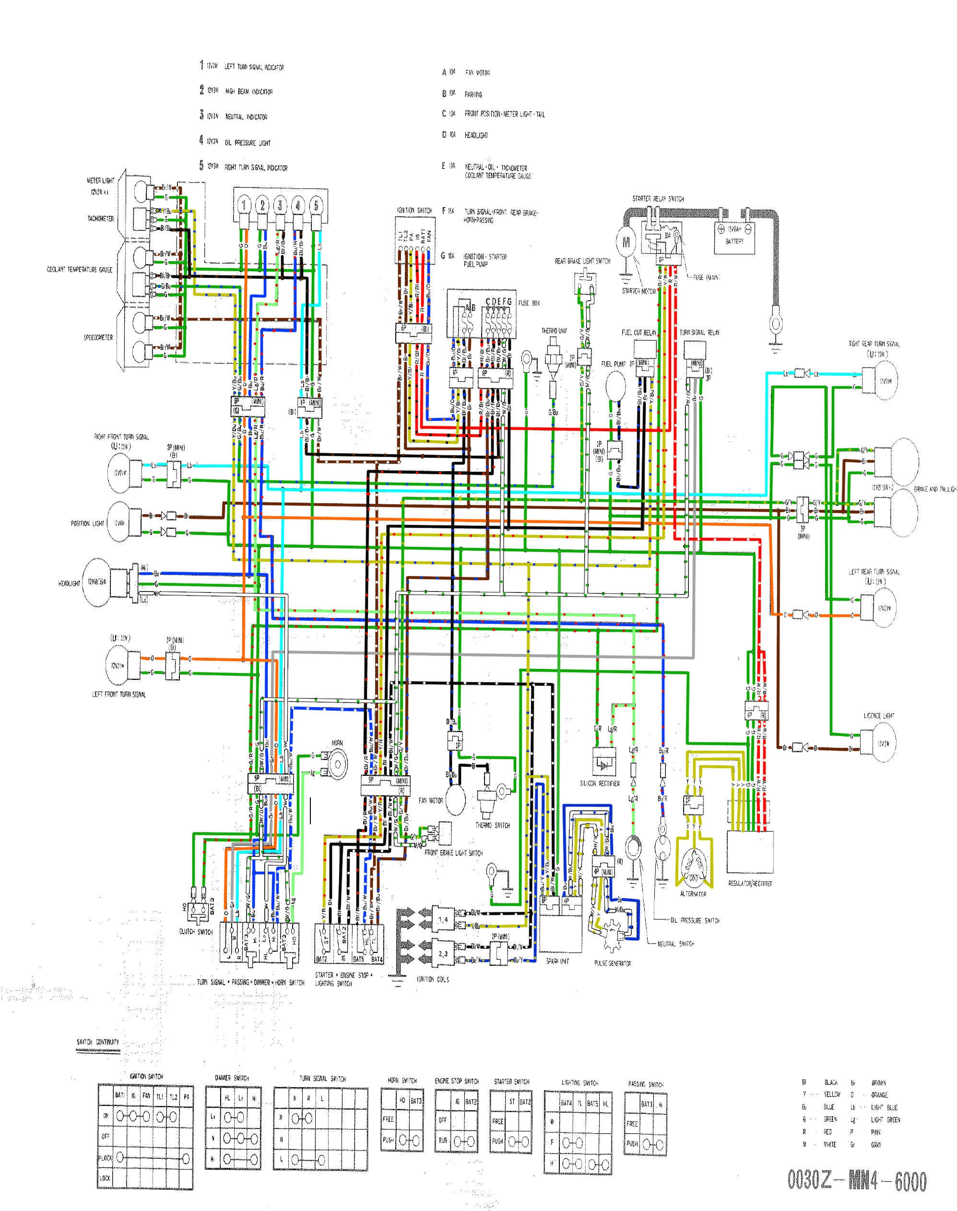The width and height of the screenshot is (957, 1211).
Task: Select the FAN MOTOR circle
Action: click(x=455, y=800)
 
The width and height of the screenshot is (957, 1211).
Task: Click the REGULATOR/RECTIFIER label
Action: click(x=750, y=884)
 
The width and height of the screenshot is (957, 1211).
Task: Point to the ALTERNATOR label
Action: click(x=693, y=894)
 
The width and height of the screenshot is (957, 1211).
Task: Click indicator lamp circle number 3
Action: click(x=280, y=205)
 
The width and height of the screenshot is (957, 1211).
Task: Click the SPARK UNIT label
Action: click(x=557, y=961)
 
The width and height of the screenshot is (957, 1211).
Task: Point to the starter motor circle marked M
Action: click(x=626, y=243)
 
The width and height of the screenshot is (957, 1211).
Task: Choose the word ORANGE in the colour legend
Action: click(x=879, y=1094)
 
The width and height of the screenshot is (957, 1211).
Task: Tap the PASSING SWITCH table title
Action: click(x=646, y=1084)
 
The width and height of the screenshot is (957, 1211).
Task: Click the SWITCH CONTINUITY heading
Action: click(x=98, y=1042)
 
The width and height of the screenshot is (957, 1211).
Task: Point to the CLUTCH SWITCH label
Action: click(x=196, y=931)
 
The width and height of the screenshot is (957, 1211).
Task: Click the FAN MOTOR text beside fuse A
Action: click(x=477, y=73)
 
